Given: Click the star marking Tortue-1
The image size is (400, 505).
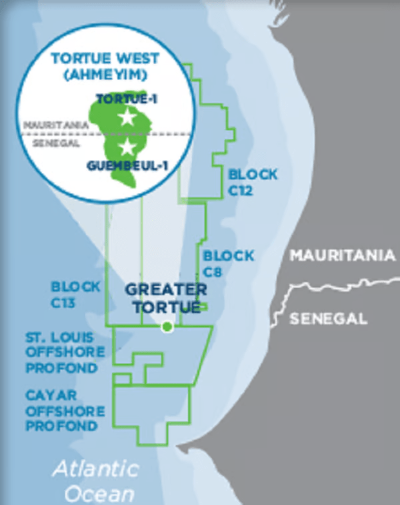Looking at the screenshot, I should (126, 118).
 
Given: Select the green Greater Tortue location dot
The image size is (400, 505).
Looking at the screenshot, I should (167, 326).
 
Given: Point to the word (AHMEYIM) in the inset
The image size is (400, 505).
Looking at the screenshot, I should (105, 73).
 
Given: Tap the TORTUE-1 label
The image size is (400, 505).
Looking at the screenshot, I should (126, 99).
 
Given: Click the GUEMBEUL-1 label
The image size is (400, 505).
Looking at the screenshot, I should (124, 165).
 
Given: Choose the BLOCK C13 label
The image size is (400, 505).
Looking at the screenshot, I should (76, 294).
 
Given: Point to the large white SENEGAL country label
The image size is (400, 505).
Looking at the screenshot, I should (329, 318).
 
